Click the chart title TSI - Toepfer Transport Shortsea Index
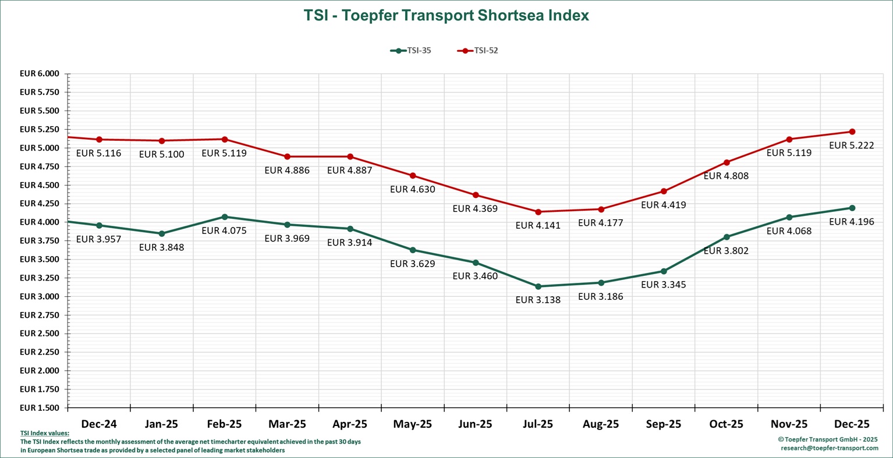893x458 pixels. tap(446, 16)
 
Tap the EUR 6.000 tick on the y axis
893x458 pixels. tap(40, 74)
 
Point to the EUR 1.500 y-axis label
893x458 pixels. tap(40, 407)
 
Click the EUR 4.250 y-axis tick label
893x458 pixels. tap(40, 204)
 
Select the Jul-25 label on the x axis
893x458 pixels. tap(538, 424)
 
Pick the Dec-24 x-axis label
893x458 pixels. tap(99, 424)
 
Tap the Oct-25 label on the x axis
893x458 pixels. tap(726, 424)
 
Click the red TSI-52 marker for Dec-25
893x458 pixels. tap(852, 132)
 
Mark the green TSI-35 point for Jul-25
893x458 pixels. tap(538, 286)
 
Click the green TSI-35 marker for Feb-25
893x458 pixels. tap(225, 217)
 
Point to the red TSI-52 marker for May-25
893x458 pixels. tap(413, 176)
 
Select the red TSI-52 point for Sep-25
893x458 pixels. tap(664, 191)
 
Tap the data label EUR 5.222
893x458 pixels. tap(851, 145)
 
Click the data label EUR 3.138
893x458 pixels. tap(538, 300)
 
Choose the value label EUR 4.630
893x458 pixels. tap(412, 189)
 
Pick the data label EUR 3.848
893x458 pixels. tap(161, 247)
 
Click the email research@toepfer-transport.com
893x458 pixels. tap(829, 448)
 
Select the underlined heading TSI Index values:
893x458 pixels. tap(45, 433)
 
